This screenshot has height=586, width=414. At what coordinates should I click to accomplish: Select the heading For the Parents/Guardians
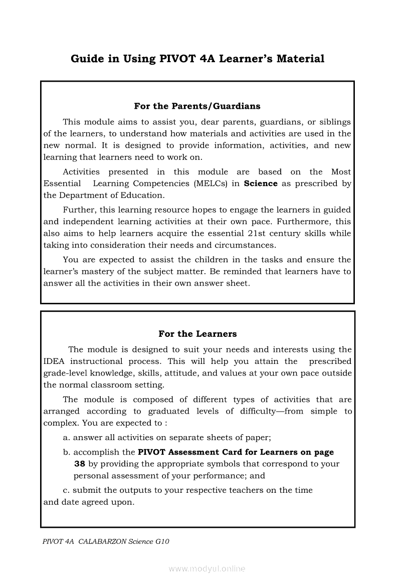(197, 106)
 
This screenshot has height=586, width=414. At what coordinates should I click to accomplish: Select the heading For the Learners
(197, 334)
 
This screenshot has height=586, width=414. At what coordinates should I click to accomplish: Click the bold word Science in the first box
(261, 183)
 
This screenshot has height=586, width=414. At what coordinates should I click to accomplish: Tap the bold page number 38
(80, 464)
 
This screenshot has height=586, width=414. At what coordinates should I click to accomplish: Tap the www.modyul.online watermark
(207, 569)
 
